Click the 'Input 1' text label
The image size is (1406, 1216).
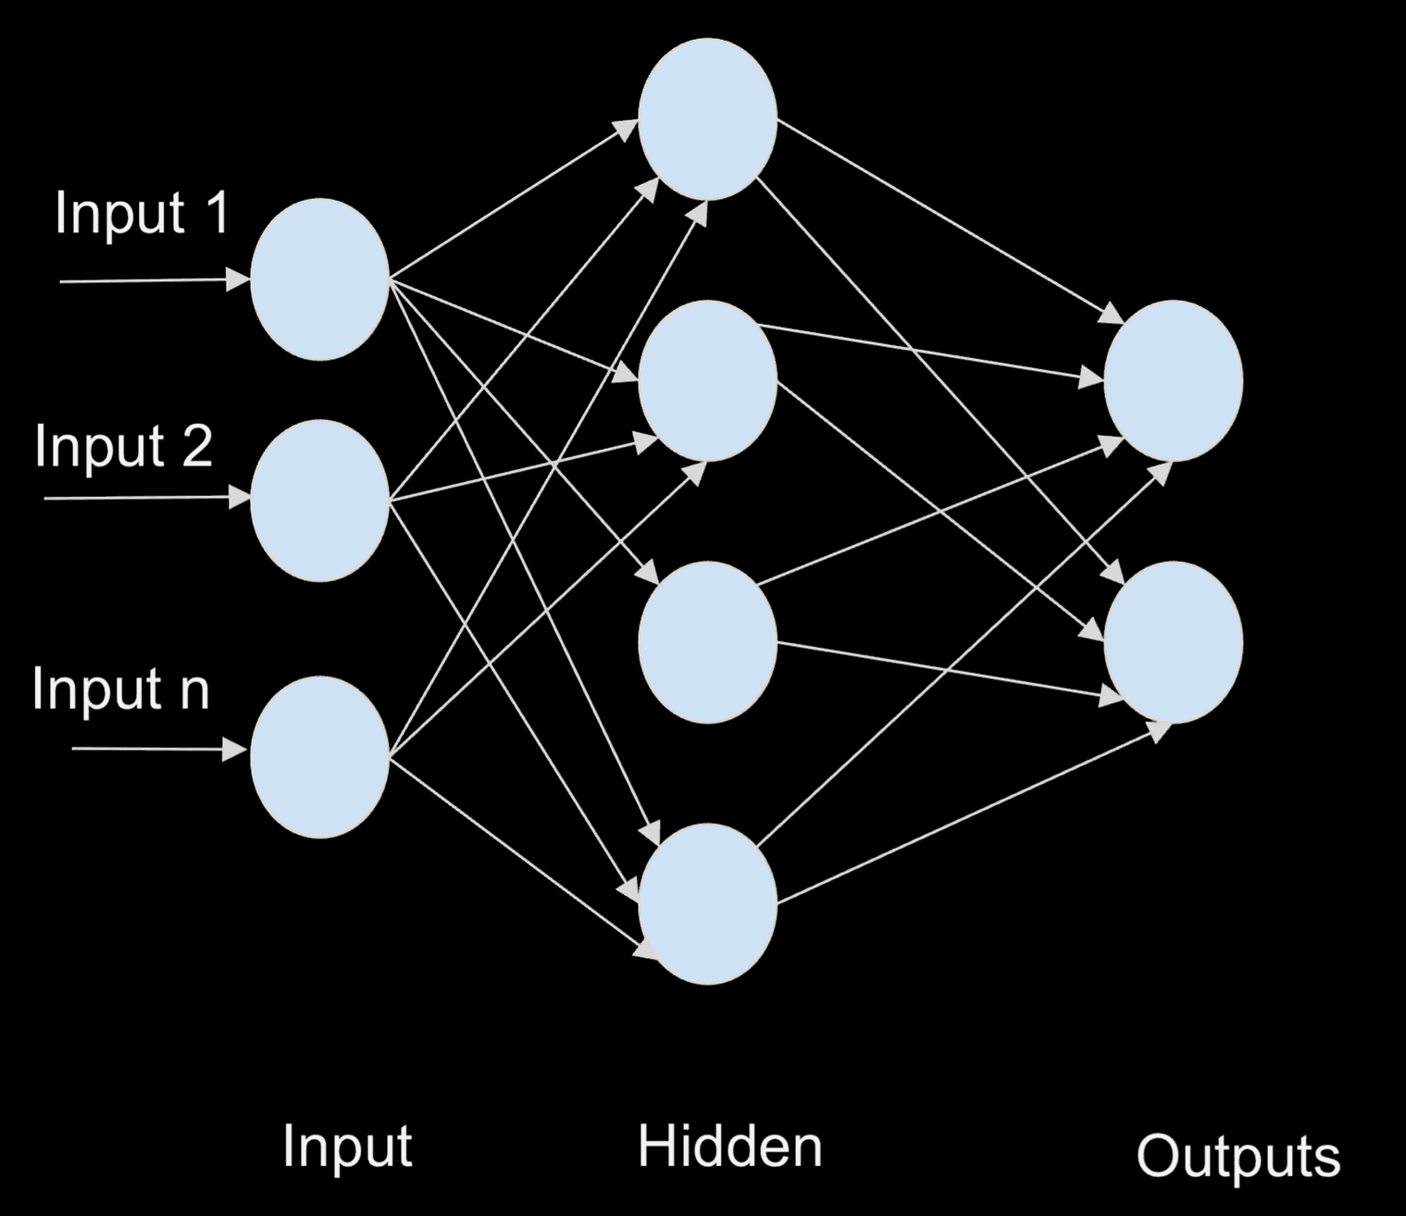click(141, 215)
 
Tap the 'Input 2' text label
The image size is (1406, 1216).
click(123, 447)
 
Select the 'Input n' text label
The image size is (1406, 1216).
click(120, 689)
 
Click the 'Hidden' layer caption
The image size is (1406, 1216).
click(729, 1147)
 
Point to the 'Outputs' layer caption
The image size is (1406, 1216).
click(1238, 1158)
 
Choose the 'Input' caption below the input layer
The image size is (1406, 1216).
click(346, 1148)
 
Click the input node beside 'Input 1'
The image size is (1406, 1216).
click(319, 279)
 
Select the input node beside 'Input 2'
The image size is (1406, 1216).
click(319, 501)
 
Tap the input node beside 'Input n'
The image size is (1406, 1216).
click(319, 757)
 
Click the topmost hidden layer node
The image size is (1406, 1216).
click(708, 119)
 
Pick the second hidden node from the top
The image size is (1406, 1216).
click(708, 380)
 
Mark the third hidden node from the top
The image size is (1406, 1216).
click(708, 641)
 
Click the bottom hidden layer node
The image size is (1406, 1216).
click(708, 903)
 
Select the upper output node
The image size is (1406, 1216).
click(1173, 380)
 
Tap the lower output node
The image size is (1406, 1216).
click(1173, 641)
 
